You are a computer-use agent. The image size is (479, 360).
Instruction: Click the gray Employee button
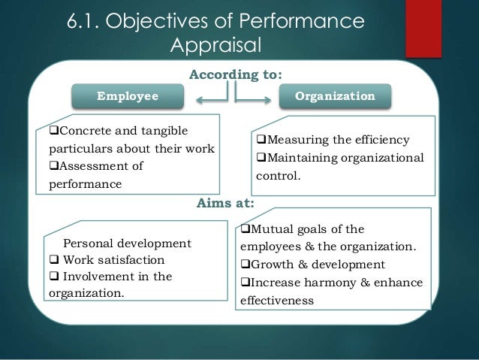point(128,96)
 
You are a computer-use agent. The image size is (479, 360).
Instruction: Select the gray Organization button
point(335,96)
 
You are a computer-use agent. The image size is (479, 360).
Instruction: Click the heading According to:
point(236,75)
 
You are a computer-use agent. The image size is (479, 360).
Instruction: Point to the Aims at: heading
point(225,202)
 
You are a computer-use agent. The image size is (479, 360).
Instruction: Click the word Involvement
point(94,276)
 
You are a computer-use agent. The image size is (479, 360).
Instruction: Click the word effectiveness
point(276,300)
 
